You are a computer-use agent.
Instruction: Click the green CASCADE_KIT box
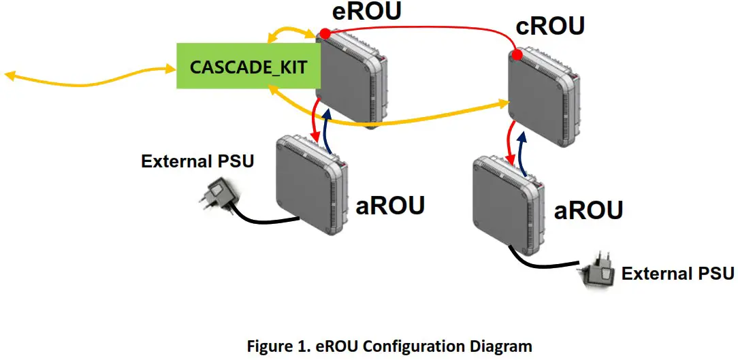click(x=248, y=67)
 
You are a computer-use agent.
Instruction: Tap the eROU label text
click(x=357, y=13)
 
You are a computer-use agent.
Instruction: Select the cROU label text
click(x=549, y=27)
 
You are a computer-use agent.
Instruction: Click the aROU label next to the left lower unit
click(x=390, y=204)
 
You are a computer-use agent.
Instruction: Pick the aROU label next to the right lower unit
click(x=589, y=210)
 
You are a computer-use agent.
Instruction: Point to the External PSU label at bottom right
click(x=677, y=274)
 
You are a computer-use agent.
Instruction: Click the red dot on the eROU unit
click(x=325, y=33)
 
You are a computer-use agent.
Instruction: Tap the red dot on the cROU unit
click(x=517, y=54)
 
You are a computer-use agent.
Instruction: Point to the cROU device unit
click(x=543, y=95)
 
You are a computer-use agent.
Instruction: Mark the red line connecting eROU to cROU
click(x=422, y=29)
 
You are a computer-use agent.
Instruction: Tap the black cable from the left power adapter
click(x=266, y=220)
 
